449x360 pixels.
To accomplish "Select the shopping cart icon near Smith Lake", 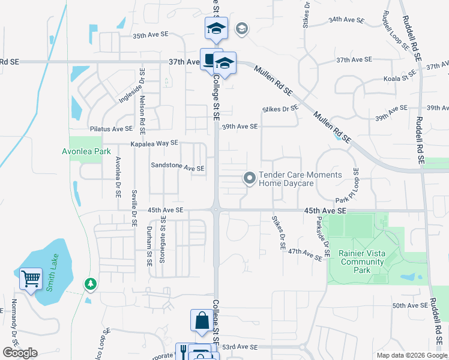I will coord(31,278).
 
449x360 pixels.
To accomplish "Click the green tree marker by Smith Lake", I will coord(91,282).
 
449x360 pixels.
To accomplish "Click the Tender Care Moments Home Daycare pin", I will coord(249,178).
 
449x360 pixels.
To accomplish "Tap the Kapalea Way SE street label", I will coord(155,143).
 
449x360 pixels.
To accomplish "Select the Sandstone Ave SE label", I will coord(178,168).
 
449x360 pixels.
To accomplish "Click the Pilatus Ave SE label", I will coord(111,129).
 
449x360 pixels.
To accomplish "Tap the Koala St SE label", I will coord(401,77).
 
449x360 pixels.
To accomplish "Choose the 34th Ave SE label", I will coord(346,20).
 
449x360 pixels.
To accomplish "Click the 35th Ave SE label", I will coord(150,36).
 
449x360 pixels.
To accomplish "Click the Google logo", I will coord(19,353).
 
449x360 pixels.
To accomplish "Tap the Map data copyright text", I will coord(412,355).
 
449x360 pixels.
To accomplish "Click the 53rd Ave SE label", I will coord(239,347).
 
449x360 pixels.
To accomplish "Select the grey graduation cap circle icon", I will coord(241,28).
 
